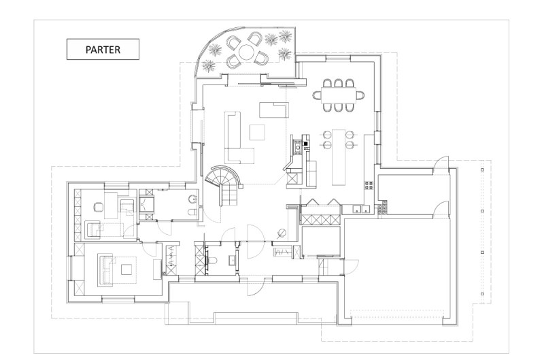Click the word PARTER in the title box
[103, 50]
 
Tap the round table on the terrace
[246, 51]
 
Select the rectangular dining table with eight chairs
[339, 95]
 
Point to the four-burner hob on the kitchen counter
[369, 184]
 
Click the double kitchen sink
[361, 209]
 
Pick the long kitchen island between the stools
[339, 157]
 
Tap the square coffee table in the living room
[258, 132]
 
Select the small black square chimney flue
[305, 144]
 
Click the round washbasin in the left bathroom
[192, 199]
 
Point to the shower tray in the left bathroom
[147, 205]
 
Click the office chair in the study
[99, 208]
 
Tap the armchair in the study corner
[92, 229]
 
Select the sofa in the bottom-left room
[105, 268]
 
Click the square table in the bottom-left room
[126, 269]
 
